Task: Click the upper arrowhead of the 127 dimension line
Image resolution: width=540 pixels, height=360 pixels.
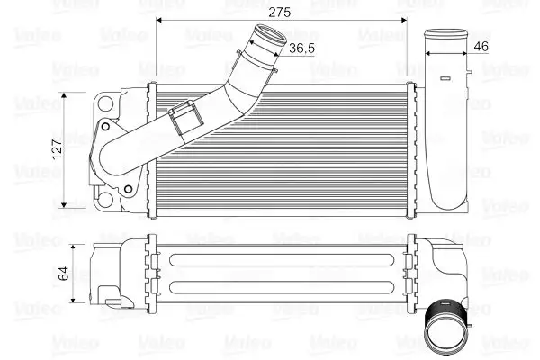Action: click(69, 94)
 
